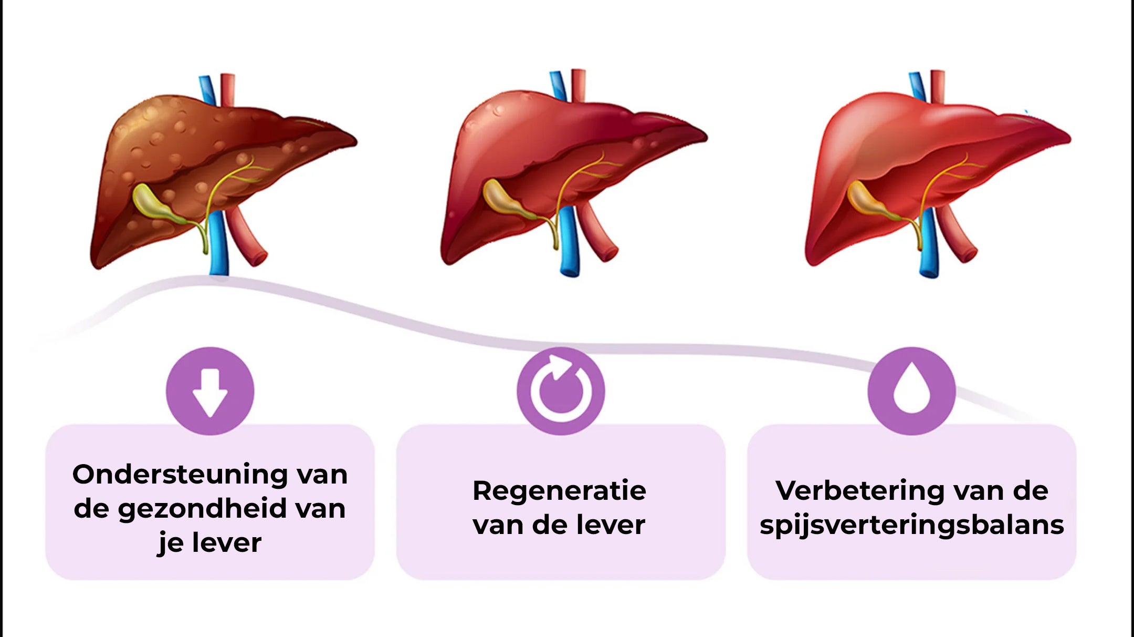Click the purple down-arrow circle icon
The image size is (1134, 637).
click(x=210, y=391)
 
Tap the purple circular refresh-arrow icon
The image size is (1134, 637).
click(x=561, y=391)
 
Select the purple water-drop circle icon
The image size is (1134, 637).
click(x=911, y=391)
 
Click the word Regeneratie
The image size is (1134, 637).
click(x=559, y=491)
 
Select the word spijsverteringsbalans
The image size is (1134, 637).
click(x=911, y=525)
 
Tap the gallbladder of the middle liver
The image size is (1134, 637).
click(x=501, y=197)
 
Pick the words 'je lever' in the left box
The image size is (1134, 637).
click(x=209, y=543)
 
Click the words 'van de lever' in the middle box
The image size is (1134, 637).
click(x=559, y=525)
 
